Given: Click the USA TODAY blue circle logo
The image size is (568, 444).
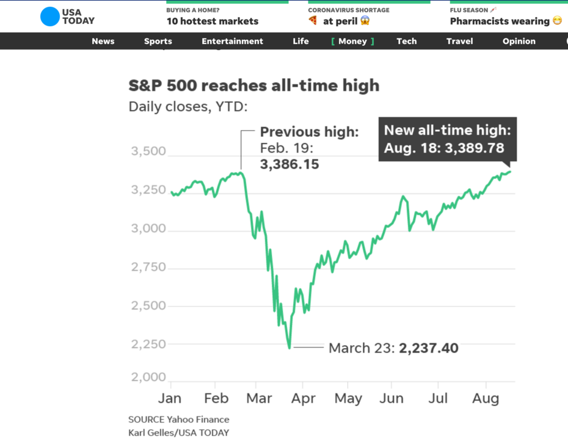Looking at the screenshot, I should point(50,16).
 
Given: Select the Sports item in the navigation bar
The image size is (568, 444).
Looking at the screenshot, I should point(158,42).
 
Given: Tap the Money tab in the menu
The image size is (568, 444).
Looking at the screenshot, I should point(352,42).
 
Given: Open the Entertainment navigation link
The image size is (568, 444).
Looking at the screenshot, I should point(232,42).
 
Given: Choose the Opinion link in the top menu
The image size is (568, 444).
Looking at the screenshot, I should point(519,42).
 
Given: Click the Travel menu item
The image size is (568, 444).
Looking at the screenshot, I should point(459,42).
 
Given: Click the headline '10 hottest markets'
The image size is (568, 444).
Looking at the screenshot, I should point(213,21).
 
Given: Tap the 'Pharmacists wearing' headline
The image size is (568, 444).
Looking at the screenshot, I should point(500,21).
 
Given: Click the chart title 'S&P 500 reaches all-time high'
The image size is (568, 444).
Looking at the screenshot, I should point(253,86).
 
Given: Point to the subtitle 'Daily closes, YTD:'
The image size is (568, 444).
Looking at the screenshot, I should point(188,107).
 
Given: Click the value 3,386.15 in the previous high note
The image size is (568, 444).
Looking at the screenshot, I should point(289,164).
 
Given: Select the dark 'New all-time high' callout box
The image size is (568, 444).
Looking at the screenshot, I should point(447,139).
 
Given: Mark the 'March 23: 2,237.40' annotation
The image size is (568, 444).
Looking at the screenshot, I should point(393,348).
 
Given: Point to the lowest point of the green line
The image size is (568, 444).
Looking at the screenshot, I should point(289,348).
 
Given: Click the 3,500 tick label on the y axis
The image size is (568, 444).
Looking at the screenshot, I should point(148,151).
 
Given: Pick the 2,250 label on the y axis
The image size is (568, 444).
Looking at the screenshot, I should point(148,344).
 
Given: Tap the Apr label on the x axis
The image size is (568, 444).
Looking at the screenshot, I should point(304,399).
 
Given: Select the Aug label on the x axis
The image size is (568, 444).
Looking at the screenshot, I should point(486,399).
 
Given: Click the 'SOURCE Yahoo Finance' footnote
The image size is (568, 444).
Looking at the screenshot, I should point(179,420).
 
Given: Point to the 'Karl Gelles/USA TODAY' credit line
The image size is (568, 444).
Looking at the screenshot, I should point(179,432).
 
